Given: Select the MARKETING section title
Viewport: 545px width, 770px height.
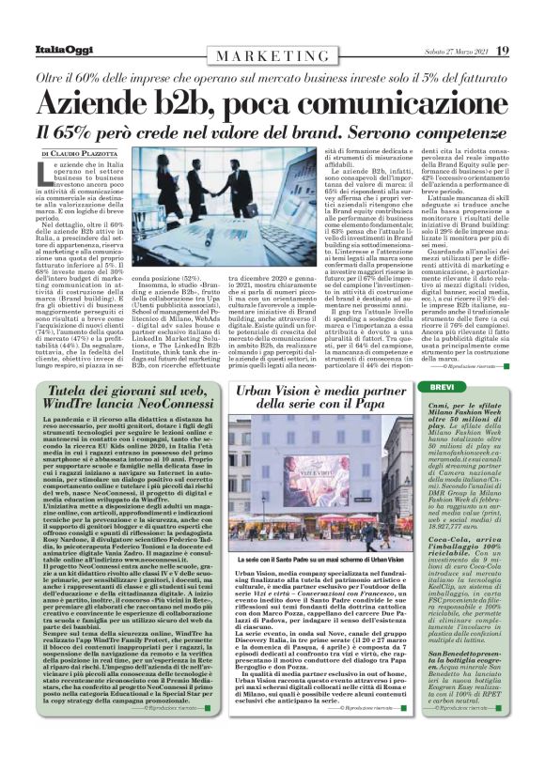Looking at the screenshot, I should (x=272, y=56).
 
